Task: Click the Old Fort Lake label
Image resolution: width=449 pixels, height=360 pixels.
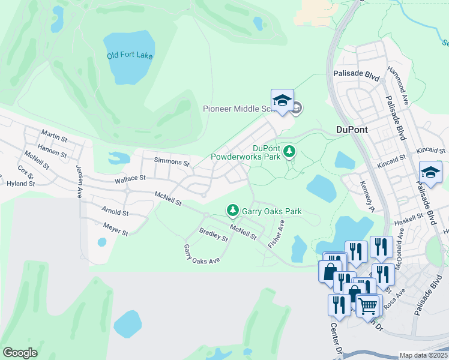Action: click(130, 56)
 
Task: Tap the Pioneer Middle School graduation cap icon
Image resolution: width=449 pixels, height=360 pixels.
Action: click(282, 100)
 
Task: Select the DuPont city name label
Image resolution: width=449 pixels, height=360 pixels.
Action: click(351, 129)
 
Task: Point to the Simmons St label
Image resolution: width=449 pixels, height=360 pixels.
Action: click(172, 162)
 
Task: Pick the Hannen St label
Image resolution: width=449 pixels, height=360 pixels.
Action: click(52, 154)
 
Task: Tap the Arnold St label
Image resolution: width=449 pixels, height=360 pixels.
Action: click(115, 212)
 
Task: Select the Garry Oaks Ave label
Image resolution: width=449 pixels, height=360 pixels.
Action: click(202, 254)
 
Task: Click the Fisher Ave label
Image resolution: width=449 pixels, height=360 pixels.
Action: click(276, 234)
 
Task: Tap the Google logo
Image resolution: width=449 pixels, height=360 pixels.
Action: click(20, 353)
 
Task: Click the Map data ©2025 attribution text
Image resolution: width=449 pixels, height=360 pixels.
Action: click(423, 355)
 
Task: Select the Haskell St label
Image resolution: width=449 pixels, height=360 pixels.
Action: click(409, 221)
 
